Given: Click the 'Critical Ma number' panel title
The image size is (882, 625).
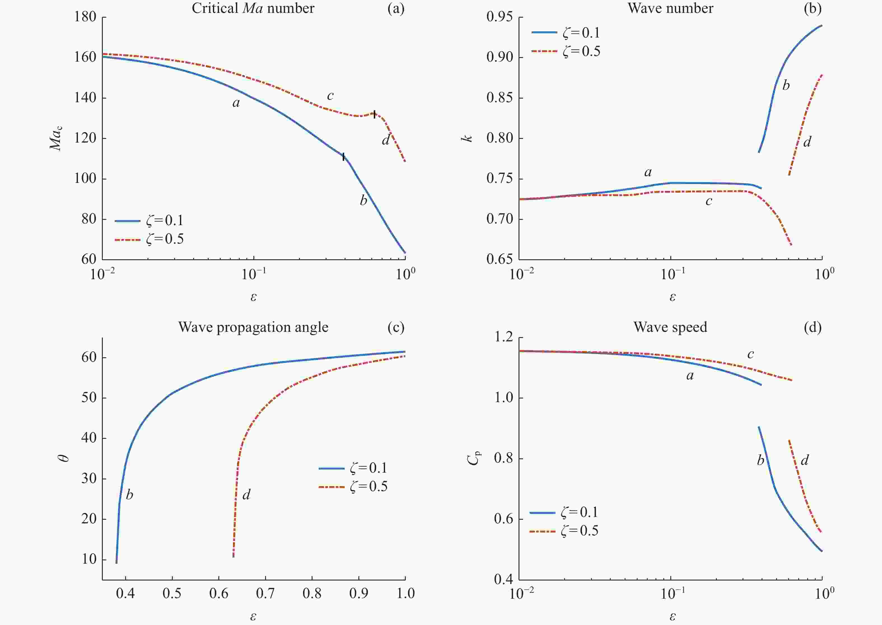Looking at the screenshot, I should pos(253,8).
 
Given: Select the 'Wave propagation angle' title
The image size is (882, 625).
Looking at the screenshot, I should pos(253,327).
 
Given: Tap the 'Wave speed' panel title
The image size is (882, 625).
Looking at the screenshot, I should pos(670,327).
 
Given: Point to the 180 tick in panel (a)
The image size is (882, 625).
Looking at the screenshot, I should pos(85,17).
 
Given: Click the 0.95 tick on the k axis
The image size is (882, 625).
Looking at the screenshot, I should pos(499,17).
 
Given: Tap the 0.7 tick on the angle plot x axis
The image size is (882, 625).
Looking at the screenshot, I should pos(265,593).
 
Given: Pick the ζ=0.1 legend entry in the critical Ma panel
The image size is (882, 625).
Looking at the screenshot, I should pos(149,221).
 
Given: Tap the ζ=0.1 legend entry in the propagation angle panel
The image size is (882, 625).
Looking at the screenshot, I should pos(353,468).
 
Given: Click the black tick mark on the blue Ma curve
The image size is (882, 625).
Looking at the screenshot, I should pos(343,156).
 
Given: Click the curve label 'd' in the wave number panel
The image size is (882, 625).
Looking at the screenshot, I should pos(807,142).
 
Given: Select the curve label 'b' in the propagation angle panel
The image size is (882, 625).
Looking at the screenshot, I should pos(129,495).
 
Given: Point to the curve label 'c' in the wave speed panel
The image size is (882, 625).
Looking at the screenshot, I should pos(750,354).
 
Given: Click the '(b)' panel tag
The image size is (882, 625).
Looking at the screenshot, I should pos(812,8).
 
